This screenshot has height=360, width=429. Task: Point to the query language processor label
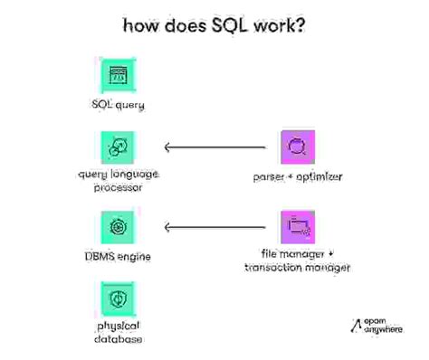(119, 181)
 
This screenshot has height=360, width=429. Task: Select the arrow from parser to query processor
(215, 146)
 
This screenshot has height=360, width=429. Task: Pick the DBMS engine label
(119, 257)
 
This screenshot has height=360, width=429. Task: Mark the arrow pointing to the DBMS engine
(215, 226)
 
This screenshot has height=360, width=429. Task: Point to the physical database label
(119, 332)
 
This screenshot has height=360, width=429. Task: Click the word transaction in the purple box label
(276, 268)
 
